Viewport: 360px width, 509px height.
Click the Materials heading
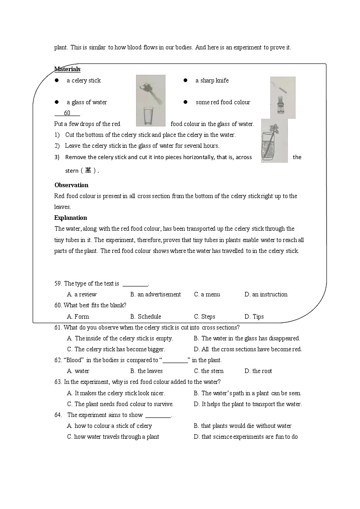point(67,69)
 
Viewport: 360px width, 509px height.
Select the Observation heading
point(71,185)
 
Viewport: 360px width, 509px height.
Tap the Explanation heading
point(70,218)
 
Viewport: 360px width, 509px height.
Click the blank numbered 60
point(67,113)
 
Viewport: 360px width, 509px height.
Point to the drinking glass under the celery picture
point(148,116)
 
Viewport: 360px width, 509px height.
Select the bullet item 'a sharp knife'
point(212,81)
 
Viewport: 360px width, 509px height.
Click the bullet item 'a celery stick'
point(83,81)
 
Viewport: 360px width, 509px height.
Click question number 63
point(58,382)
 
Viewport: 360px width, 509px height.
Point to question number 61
point(58,328)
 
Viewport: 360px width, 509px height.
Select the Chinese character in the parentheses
point(88,171)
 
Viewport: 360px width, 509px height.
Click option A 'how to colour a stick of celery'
point(109,426)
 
